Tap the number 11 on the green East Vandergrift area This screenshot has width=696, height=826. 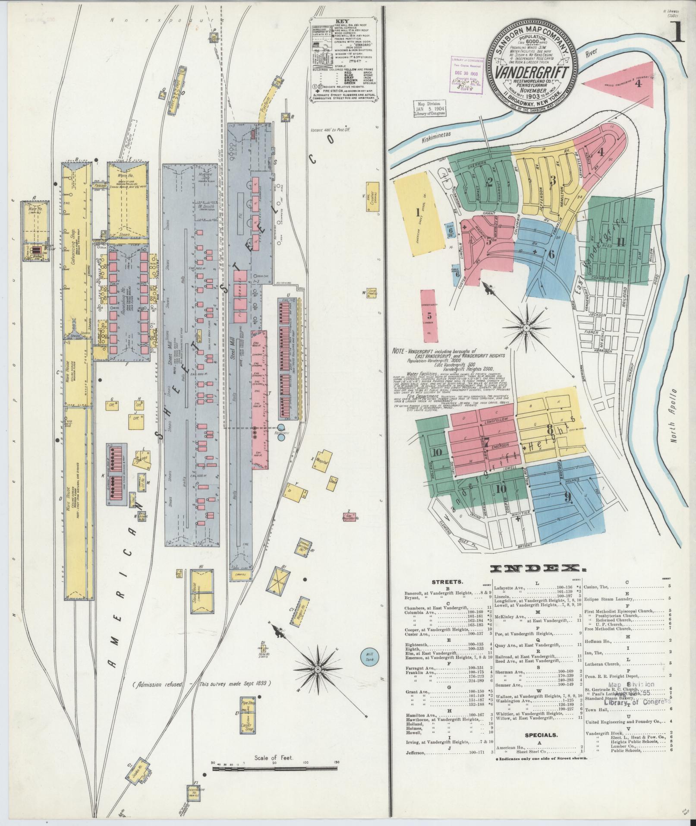click(620, 241)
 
